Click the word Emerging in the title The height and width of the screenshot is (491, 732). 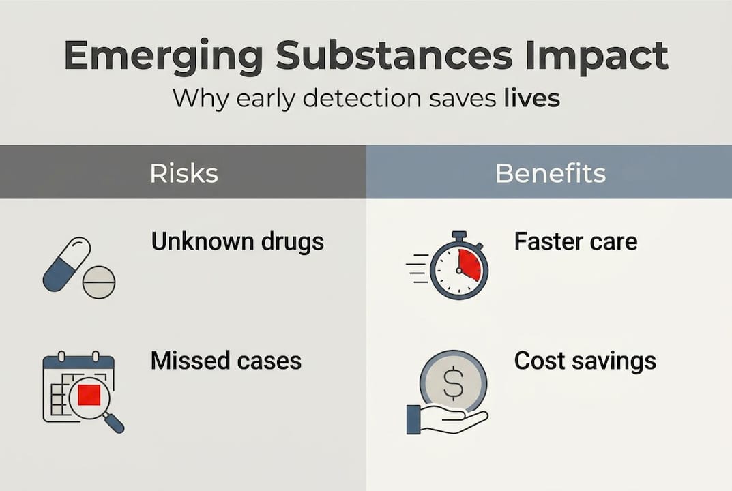pyautogui.click(x=162, y=57)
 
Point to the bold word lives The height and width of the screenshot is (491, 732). pyautogui.click(x=532, y=98)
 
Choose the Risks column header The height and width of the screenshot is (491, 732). pyautogui.click(x=184, y=173)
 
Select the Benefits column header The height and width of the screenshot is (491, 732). pyautogui.click(x=550, y=173)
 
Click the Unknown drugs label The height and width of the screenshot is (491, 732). pyautogui.click(x=237, y=241)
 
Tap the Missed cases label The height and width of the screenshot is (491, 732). pyautogui.click(x=226, y=360)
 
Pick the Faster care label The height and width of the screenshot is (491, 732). pyautogui.click(x=576, y=241)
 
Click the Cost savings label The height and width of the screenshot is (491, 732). pyautogui.click(x=585, y=360)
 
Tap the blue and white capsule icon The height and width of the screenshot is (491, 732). pyautogui.click(x=66, y=264)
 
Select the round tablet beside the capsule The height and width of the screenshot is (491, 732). pyautogui.click(x=99, y=282)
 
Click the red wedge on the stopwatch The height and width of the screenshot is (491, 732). pyautogui.click(x=469, y=264)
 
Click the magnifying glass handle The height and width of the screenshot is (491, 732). pyautogui.click(x=115, y=423)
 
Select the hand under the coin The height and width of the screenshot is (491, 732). pyautogui.click(x=443, y=419)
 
